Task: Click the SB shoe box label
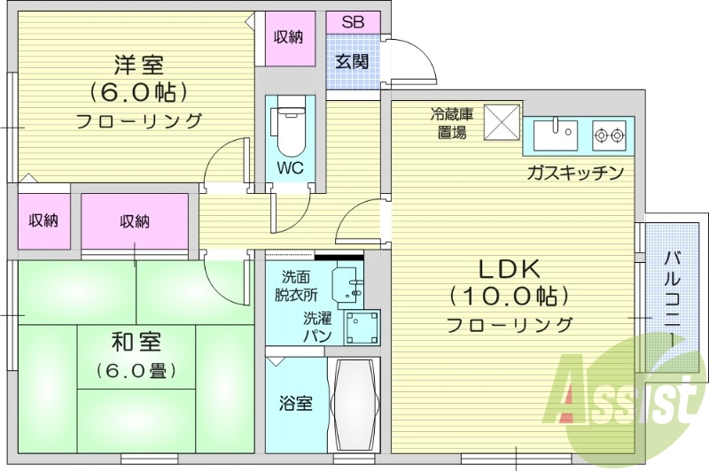[353, 22]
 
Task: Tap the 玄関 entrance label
[352, 61]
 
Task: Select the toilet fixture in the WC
[289, 129]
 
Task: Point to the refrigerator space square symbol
[502, 122]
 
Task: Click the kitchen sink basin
[557, 136]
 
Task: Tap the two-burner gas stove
[610, 136]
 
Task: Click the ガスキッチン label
[575, 173]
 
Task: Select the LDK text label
[510, 266]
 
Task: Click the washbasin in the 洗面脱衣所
[349, 284]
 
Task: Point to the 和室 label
[136, 341]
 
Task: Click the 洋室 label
[137, 65]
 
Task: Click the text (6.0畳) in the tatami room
[136, 369]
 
